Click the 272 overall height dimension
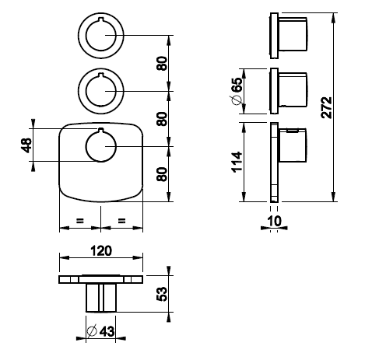pos(326,107)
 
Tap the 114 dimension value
pos(237,162)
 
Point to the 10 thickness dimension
pos(274,221)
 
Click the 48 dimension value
pos(26,145)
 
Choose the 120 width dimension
pos(101,250)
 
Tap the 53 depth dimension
pos(162,293)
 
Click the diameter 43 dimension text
pos(100,331)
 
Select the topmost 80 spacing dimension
pos(162,63)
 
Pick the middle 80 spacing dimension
pos(162,119)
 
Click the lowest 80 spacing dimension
pos(162,174)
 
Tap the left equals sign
pos(80,221)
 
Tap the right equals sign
pos(121,221)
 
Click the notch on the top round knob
pos(101,19)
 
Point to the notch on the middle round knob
pos(101,75)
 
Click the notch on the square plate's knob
pos(101,130)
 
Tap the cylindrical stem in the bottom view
pos(101,298)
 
